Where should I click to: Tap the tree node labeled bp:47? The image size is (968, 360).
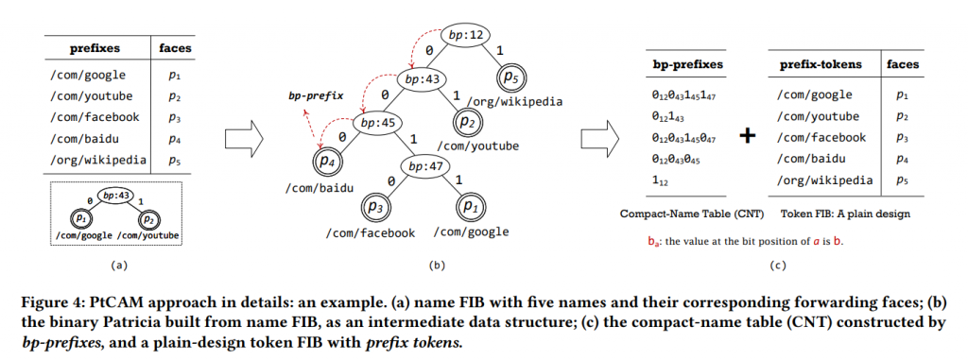[427, 167]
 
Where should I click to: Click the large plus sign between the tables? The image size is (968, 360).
[748, 135]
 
